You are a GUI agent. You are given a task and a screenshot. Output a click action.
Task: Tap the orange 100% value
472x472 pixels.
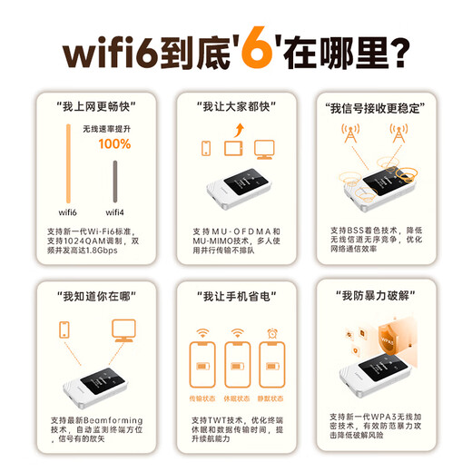coord(114,143)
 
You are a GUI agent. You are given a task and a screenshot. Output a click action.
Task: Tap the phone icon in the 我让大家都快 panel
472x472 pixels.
coord(205,148)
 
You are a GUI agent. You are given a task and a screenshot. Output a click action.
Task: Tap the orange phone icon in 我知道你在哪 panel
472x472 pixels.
coord(64,329)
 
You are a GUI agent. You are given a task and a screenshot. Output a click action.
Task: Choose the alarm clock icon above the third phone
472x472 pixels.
coord(270,333)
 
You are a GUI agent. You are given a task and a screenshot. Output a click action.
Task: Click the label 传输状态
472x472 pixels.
coord(202,398)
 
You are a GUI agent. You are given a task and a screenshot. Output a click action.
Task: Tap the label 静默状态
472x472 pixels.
coord(270,398)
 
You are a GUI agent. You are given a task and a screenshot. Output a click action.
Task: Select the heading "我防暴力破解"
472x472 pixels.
coord(373,295)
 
